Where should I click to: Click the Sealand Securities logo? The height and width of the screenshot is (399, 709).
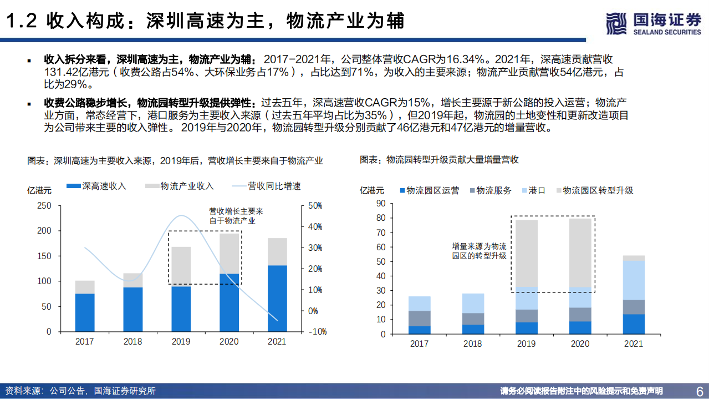653,23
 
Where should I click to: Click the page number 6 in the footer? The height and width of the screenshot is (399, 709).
699,390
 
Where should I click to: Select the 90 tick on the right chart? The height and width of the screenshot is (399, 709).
380,204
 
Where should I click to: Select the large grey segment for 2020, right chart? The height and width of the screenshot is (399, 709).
580,252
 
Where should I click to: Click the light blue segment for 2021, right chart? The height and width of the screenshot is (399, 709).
634,280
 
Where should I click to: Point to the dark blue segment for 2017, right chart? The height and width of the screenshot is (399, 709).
419,330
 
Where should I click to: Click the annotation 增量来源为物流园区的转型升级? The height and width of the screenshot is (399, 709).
479,251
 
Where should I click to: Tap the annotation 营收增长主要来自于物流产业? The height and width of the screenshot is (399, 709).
236,216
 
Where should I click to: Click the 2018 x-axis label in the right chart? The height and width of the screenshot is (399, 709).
472,344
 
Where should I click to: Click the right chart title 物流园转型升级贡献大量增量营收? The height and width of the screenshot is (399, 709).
439,160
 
